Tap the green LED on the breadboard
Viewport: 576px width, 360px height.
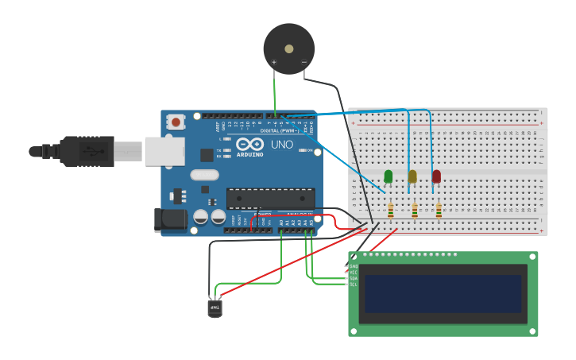click(389, 176)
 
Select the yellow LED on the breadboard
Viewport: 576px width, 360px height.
click(412, 176)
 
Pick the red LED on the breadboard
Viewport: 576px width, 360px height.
click(436, 176)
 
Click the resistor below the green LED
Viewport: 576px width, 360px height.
click(390, 211)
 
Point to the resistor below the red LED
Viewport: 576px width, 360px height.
click(439, 211)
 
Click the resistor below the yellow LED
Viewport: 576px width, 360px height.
click(415, 211)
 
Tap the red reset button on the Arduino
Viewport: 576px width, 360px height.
click(176, 122)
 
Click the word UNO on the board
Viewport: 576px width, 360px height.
click(282, 145)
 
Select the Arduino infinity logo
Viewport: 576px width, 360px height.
click(249, 145)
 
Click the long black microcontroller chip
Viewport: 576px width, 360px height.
click(270, 198)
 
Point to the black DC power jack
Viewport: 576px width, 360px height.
click(170, 220)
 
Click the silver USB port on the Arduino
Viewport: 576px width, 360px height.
click(164, 151)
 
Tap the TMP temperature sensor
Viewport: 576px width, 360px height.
click(215, 308)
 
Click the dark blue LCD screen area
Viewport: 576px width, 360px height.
click(443, 294)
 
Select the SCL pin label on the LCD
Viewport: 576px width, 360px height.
click(353, 284)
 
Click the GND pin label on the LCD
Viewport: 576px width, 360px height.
click(353, 266)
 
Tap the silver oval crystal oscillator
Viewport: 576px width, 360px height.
click(204, 175)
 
